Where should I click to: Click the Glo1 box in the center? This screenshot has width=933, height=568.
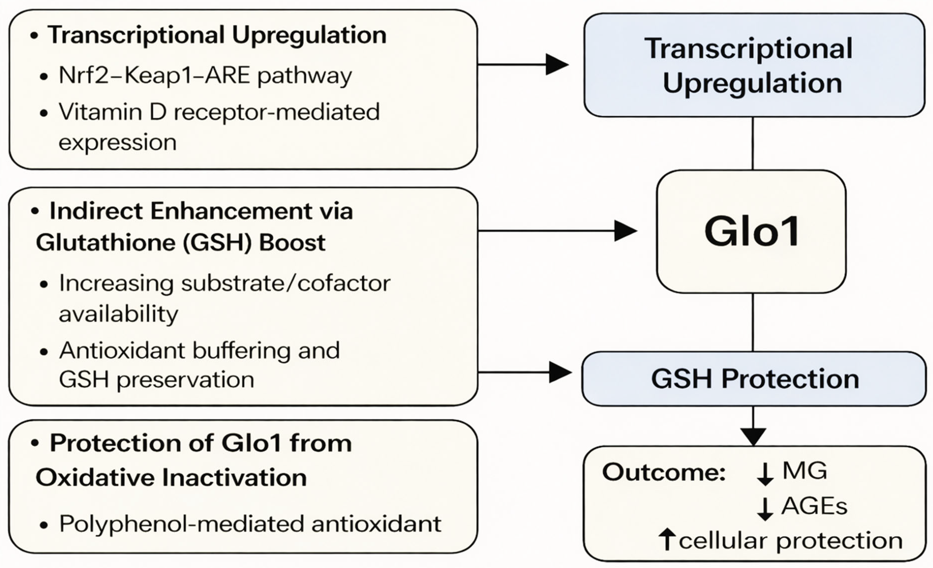point(751,231)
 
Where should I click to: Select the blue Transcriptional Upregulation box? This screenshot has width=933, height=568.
point(754,65)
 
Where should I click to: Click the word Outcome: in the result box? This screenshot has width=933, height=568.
point(663,472)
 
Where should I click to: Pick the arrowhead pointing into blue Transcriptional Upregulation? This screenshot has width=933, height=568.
point(557,64)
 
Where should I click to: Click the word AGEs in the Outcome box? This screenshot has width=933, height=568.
point(814,506)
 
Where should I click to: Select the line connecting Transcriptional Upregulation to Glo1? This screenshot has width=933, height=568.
point(752,143)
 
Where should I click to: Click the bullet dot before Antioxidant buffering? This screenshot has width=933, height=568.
point(44,352)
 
